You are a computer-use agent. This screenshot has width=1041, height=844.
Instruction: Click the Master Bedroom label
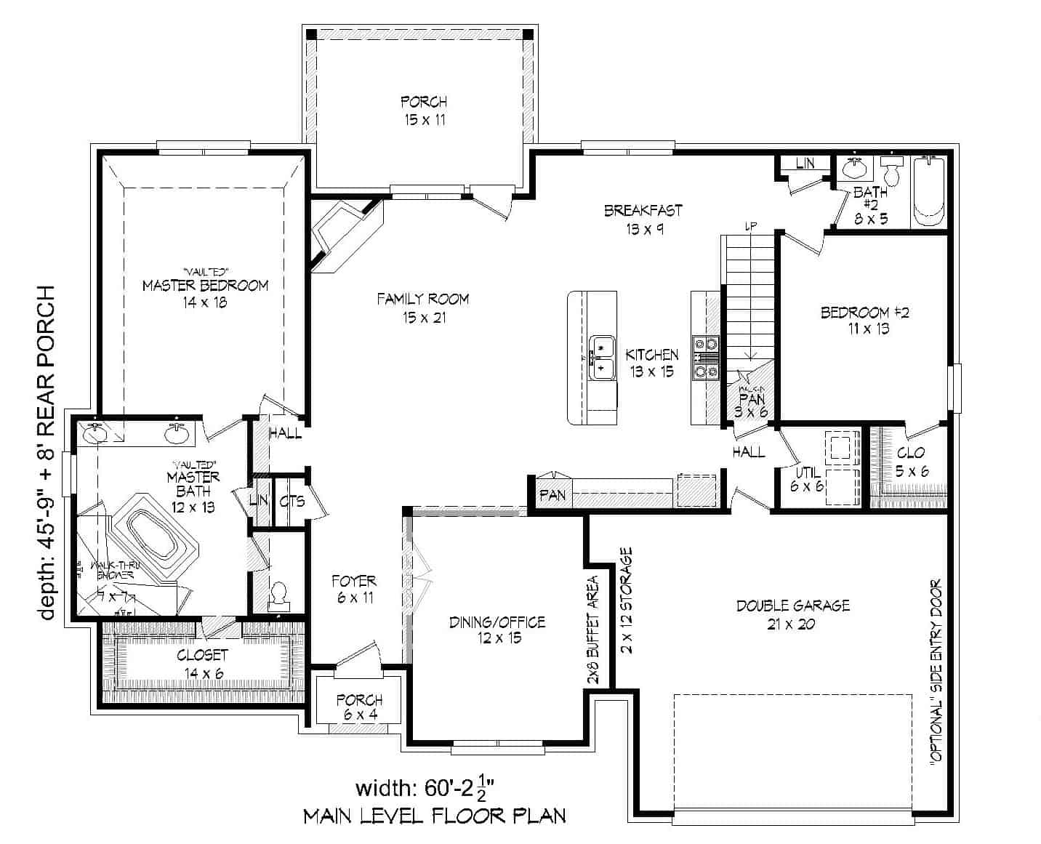(x=205, y=293)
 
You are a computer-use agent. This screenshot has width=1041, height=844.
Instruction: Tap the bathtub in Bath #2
(x=929, y=190)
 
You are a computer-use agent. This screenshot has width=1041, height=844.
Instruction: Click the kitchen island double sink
(x=601, y=358)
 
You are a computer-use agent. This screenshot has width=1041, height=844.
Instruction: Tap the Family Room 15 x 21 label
(x=422, y=308)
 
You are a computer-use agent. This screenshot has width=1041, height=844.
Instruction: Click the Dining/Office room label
(x=497, y=630)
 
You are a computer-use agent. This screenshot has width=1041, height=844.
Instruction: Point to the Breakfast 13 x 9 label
(x=643, y=219)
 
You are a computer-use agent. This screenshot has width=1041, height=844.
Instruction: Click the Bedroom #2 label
(x=865, y=321)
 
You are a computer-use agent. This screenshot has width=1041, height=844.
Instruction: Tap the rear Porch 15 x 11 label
(x=424, y=110)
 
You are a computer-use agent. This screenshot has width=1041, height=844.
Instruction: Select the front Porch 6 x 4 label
(x=359, y=707)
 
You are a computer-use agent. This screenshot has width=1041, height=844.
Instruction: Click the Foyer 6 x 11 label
(x=354, y=589)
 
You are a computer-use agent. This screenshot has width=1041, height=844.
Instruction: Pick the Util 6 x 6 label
(x=807, y=479)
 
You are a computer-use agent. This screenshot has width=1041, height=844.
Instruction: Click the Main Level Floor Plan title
(x=434, y=816)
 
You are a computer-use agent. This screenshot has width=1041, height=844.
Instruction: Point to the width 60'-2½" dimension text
(x=425, y=788)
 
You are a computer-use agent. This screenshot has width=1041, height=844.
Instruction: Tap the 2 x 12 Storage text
(x=627, y=600)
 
